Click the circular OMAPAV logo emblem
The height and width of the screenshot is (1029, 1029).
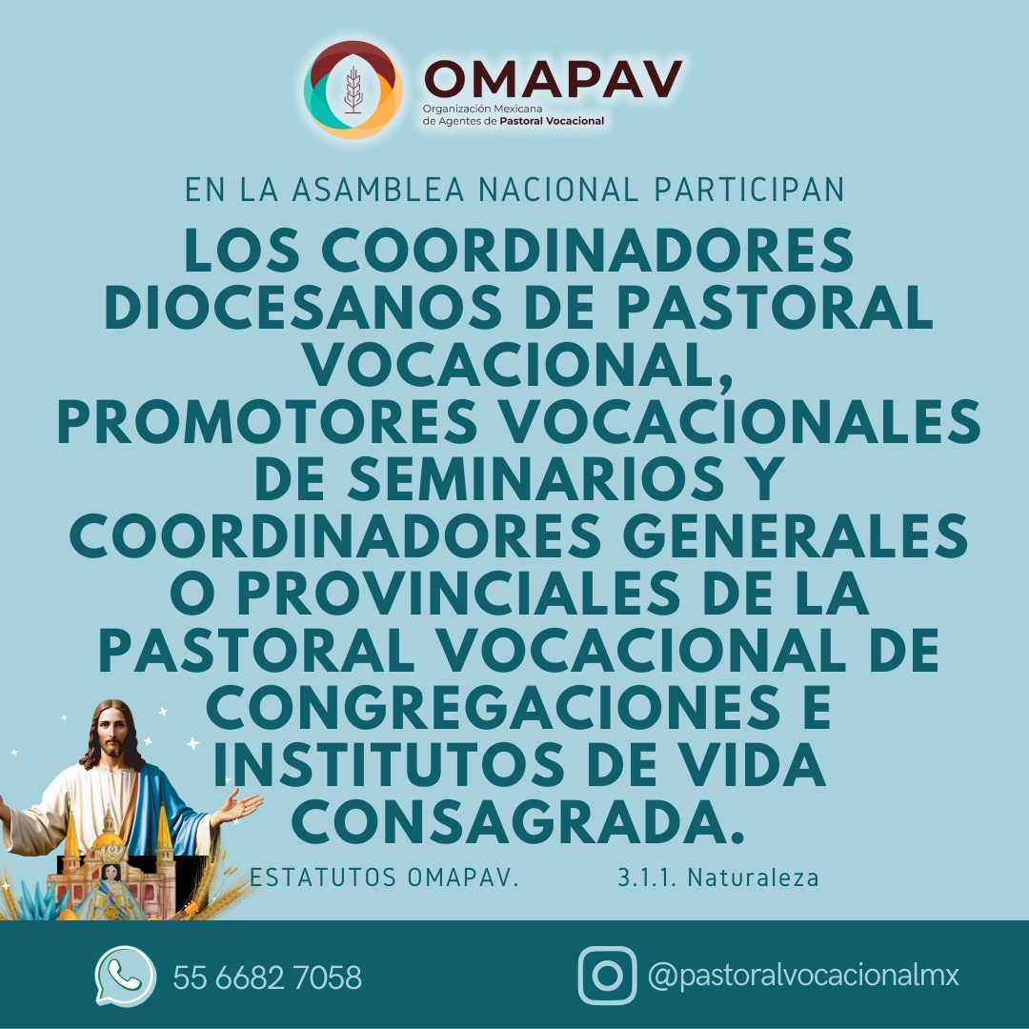(353, 91)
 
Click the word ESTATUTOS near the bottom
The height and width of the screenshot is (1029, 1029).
(323, 877)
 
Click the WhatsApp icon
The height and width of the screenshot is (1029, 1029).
(125, 976)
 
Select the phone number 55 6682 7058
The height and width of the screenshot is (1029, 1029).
(267, 978)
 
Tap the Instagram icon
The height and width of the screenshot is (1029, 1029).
(607, 976)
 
